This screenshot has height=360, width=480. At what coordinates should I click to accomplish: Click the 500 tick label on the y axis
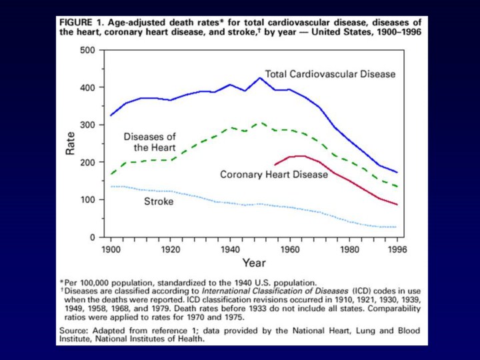[x=87, y=50]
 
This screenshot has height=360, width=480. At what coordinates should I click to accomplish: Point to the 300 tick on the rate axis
[x=87, y=125]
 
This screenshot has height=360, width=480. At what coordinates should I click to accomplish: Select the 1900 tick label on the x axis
[x=111, y=250]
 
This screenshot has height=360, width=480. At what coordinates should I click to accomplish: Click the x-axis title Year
[x=254, y=263]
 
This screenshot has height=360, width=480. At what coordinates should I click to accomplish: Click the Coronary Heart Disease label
[x=274, y=175]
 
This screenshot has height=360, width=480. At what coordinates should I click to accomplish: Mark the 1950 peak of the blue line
[x=260, y=78]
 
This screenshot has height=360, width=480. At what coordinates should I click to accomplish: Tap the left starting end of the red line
[x=275, y=164]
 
